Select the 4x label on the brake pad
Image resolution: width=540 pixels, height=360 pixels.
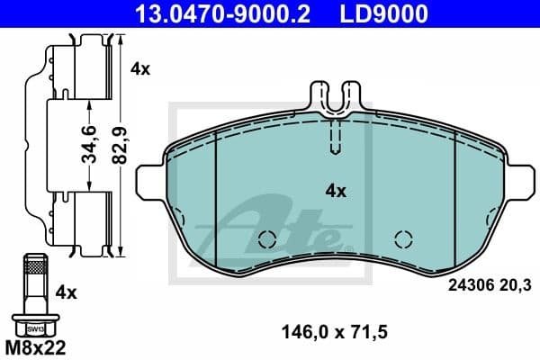click(x=335, y=191)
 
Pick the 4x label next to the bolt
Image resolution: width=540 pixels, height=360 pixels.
click(x=65, y=292)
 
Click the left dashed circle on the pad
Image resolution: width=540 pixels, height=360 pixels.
click(x=265, y=238)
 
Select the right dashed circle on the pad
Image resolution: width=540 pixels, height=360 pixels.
click(x=403, y=238)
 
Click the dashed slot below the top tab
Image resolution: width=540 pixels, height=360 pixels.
click(x=334, y=138)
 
